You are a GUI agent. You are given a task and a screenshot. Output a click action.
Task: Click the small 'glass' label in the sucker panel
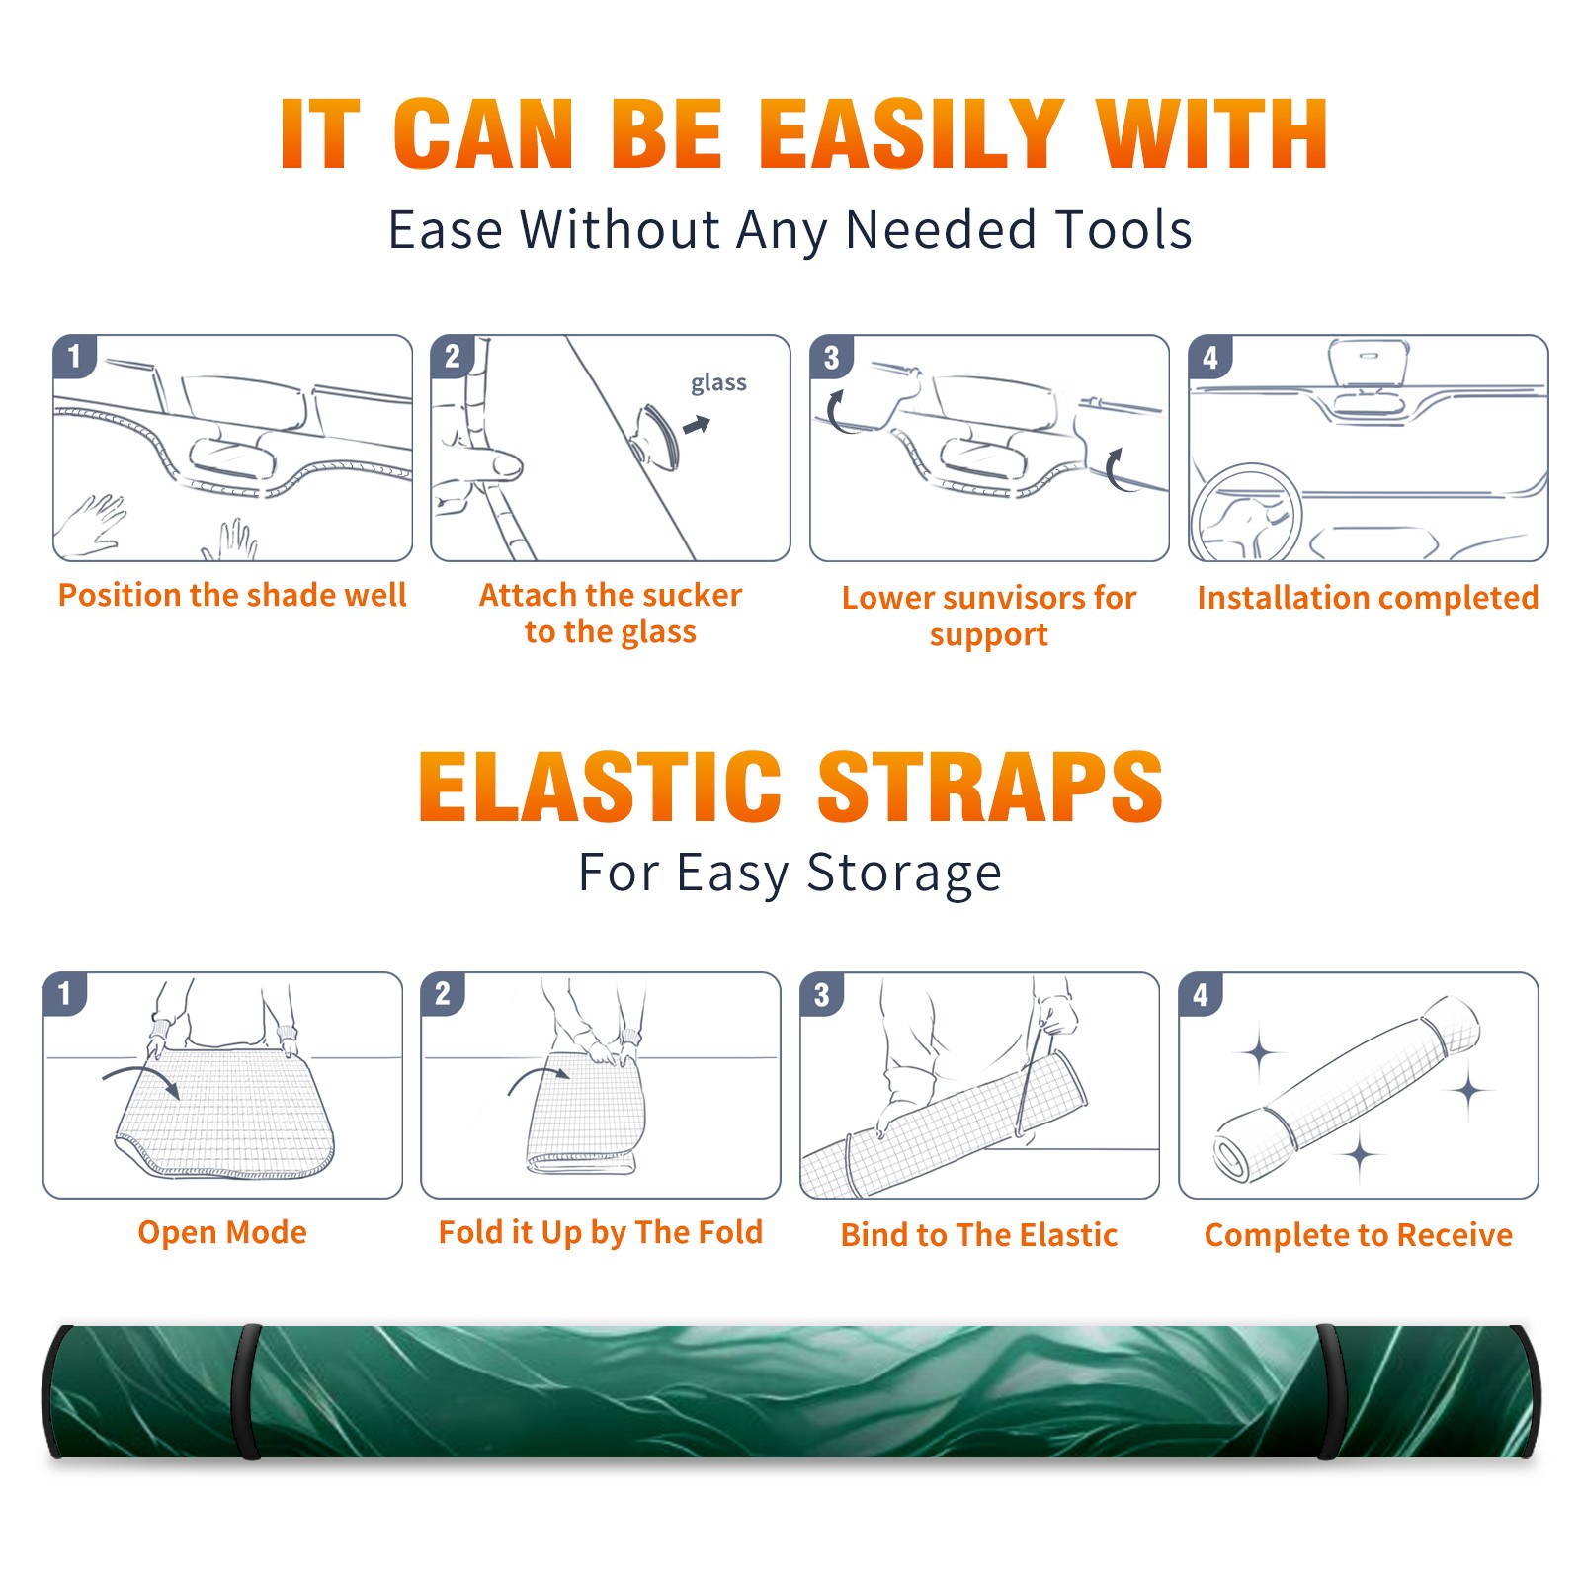tap(718, 383)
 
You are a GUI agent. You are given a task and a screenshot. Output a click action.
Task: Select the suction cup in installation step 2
tap(656, 435)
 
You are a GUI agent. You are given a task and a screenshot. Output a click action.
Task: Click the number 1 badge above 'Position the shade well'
tap(74, 356)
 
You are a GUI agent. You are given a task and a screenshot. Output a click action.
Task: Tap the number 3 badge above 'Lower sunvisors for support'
tap(831, 356)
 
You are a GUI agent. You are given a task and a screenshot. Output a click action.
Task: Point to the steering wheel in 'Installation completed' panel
tap(1246, 512)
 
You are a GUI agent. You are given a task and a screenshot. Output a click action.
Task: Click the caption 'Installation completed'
tap(1368, 598)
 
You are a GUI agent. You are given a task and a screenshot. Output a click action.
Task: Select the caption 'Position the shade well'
tap(232, 595)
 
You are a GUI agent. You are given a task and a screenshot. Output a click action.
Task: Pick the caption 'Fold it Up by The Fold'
tap(601, 1232)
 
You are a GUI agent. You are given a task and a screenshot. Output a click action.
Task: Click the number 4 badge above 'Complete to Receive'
tap(1201, 994)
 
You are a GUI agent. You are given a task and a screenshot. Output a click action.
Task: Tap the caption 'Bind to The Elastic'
tap(979, 1235)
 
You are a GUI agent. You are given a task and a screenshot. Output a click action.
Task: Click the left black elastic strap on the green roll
tap(247, 1391)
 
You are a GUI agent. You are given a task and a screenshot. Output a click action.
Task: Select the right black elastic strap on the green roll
tap(1330, 1391)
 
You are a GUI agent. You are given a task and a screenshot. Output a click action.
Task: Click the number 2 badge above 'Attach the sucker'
tap(452, 356)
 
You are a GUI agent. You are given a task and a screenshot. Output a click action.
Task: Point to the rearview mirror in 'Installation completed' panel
tap(1369, 364)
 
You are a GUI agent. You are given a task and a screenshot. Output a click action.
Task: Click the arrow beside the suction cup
tap(698, 425)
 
